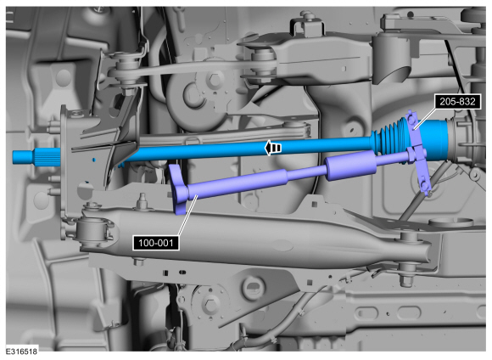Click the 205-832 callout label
[x=457, y=102]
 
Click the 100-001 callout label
[x=156, y=243]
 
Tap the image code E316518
[x=21, y=352]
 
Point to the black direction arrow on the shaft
[x=272, y=148]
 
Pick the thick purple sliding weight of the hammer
[x=350, y=165]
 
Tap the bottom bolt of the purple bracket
[x=424, y=187]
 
